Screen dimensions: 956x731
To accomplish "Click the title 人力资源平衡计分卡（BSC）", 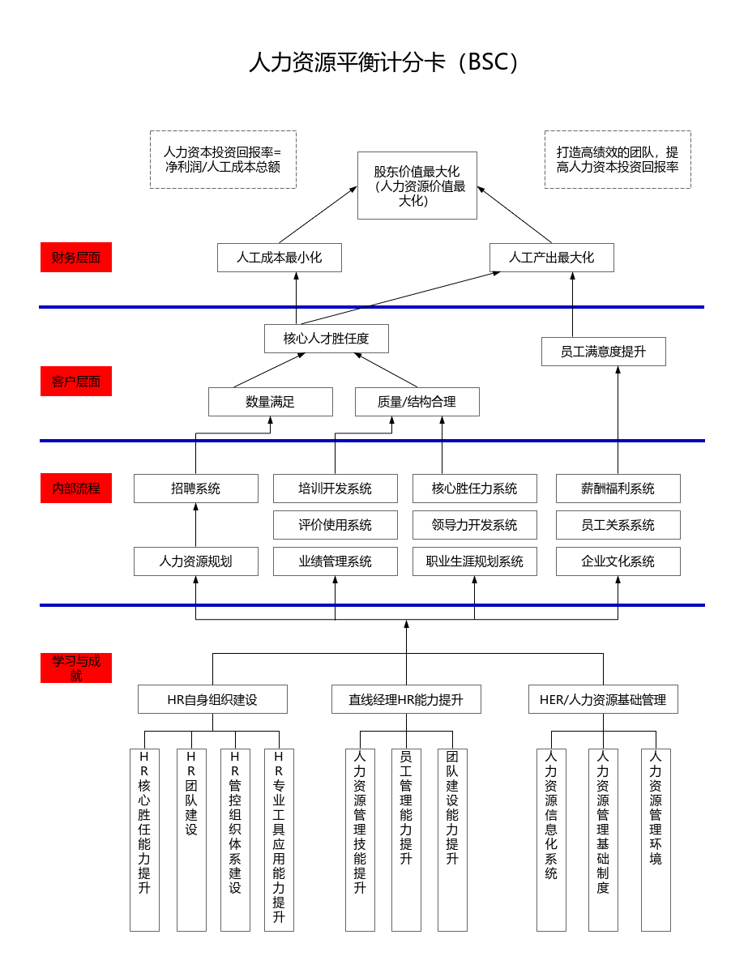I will pyautogui.click(x=384, y=62).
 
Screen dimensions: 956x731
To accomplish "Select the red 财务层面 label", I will pyautogui.click(x=76, y=258).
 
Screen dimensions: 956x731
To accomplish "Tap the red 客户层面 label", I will pyautogui.click(x=76, y=381).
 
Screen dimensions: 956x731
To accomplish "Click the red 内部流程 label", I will pyautogui.click(x=76, y=489).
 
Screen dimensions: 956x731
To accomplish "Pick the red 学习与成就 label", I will pyautogui.click(x=76, y=668).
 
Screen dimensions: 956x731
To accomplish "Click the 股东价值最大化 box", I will pyautogui.click(x=417, y=186).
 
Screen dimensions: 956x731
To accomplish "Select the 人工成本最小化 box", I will pyautogui.click(x=280, y=258).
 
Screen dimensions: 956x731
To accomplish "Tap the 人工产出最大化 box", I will pyautogui.click(x=552, y=258).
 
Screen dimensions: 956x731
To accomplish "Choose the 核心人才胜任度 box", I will pyautogui.click(x=327, y=339).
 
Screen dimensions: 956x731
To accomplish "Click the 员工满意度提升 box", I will pyautogui.click(x=604, y=352).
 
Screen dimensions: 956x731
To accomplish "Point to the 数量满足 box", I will pyautogui.click(x=271, y=402).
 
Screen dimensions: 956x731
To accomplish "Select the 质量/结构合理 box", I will pyautogui.click(x=417, y=402).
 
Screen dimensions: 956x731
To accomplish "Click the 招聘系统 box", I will pyautogui.click(x=196, y=489).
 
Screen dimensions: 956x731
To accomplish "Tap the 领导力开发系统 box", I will pyautogui.click(x=475, y=525).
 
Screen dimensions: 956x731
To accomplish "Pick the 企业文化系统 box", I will pyautogui.click(x=618, y=561).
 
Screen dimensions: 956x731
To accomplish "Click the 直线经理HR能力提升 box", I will pyautogui.click(x=406, y=699).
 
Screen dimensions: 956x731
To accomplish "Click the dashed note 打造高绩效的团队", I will pyautogui.click(x=618, y=160).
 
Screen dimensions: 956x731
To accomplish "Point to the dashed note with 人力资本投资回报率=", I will pyautogui.click(x=223, y=160).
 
